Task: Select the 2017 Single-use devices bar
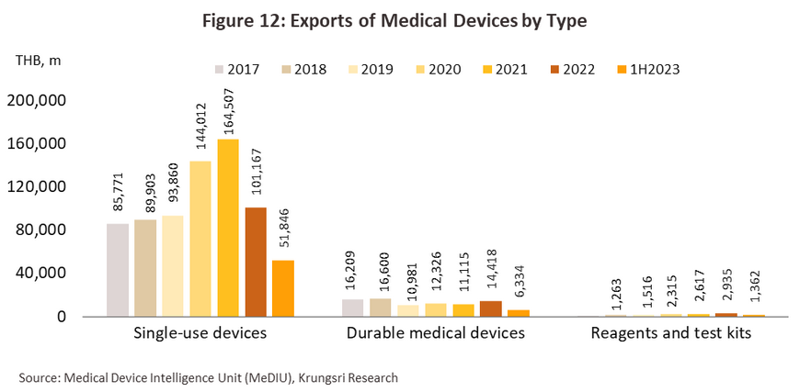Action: click(x=118, y=270)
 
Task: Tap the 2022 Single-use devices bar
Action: click(x=255, y=262)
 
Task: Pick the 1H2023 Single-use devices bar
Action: click(x=282, y=288)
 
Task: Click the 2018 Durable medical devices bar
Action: click(x=381, y=308)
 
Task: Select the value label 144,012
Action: click(x=200, y=129)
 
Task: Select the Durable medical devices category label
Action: click(x=436, y=333)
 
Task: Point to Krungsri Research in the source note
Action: click(x=343, y=376)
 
